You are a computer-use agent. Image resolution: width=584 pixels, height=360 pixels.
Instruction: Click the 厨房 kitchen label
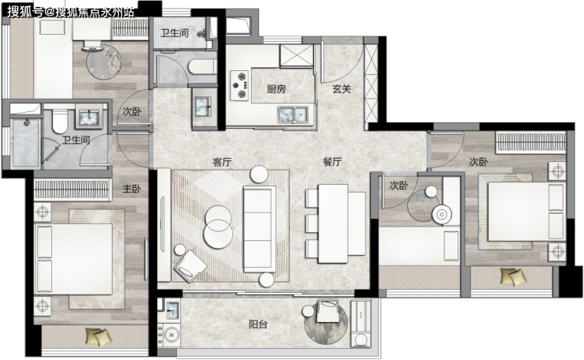click(276, 89)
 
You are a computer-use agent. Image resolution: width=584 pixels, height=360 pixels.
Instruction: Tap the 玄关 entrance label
click(342, 89)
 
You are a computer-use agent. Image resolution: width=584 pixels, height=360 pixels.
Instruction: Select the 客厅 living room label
click(222, 162)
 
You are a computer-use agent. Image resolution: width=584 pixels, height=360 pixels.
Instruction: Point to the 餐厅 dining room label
click(332, 162)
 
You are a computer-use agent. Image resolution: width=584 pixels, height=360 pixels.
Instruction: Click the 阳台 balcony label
click(258, 324)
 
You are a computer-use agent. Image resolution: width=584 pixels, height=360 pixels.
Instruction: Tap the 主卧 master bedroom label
click(132, 189)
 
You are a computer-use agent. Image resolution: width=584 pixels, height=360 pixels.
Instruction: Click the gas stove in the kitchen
click(239, 86)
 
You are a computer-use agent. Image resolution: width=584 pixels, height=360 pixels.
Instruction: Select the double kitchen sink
click(293, 114)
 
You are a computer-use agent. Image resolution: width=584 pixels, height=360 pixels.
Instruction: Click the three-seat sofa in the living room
click(259, 229)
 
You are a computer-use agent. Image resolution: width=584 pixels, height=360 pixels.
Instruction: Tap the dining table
click(333, 223)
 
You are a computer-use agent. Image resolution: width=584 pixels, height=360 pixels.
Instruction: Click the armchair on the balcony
click(328, 311)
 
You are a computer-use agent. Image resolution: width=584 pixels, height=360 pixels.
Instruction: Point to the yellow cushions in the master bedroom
click(99, 336)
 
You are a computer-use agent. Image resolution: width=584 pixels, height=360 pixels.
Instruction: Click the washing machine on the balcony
click(169, 336)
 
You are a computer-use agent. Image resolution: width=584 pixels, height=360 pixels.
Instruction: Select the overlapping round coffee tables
click(219, 227)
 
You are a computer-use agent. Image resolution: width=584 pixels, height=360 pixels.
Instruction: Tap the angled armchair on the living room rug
click(190, 266)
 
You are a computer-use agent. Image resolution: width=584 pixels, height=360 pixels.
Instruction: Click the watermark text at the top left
click(71, 12)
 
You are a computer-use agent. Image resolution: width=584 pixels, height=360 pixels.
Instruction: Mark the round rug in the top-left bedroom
click(104, 62)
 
